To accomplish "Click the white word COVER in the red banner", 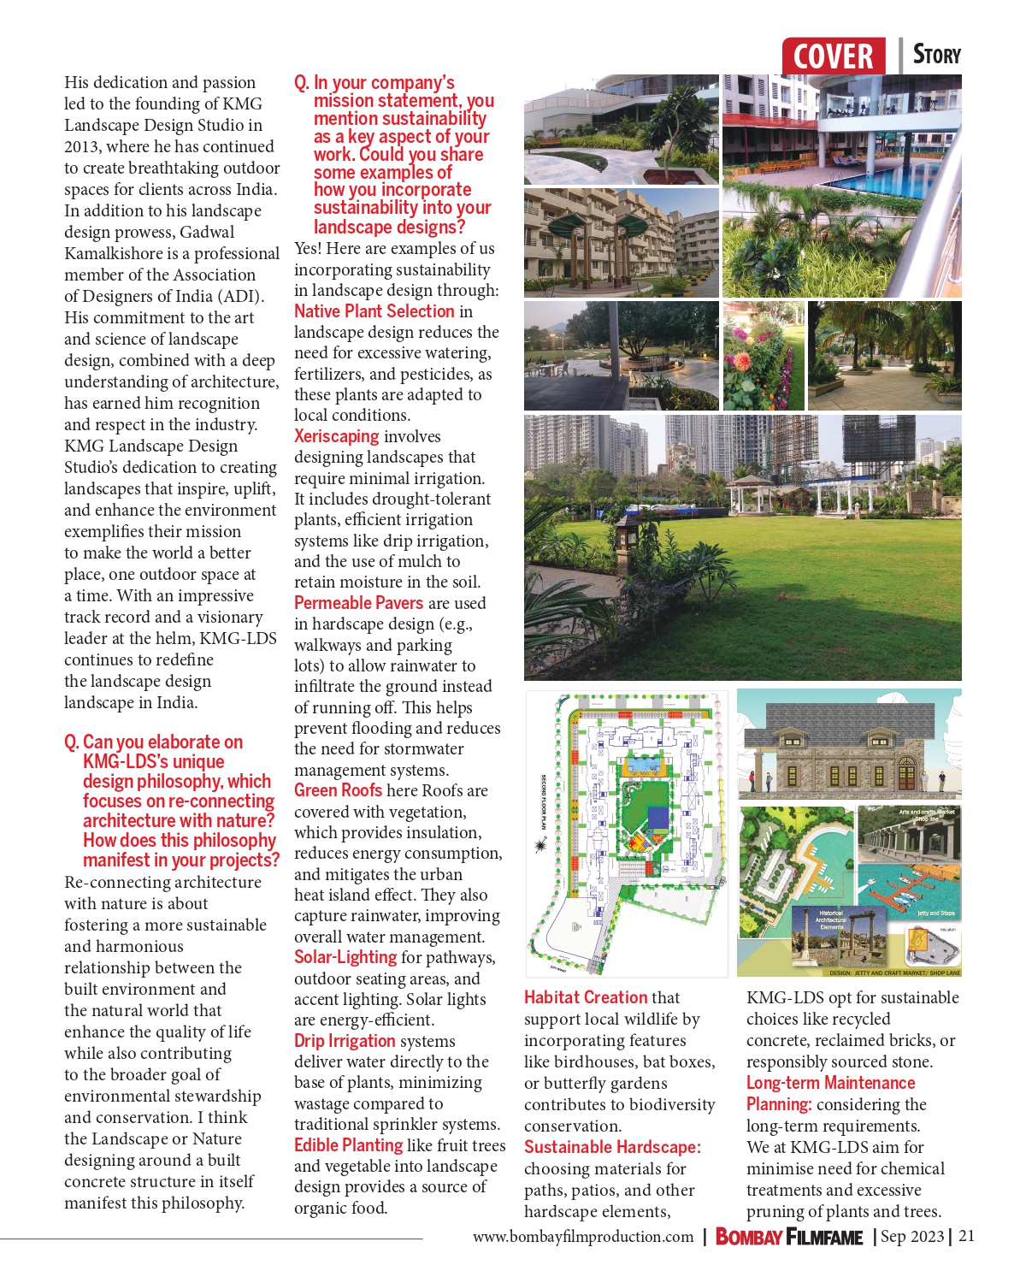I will pyautogui.click(x=833, y=57).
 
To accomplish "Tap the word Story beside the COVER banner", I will pyautogui.click(x=937, y=55).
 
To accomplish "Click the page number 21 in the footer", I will pyautogui.click(x=967, y=1236).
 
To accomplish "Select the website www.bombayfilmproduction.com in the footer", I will pyautogui.click(x=583, y=1237).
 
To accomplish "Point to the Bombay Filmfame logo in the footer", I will pyautogui.click(x=788, y=1237).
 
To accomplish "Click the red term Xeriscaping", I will pyautogui.click(x=336, y=436).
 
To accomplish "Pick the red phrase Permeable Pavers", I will pyautogui.click(x=358, y=603).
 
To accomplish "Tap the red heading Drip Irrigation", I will pyautogui.click(x=345, y=1041).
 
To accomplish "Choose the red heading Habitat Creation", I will pyautogui.click(x=586, y=997).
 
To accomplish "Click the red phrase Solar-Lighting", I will pyautogui.click(x=345, y=957).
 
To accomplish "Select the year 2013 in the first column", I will pyautogui.click(x=82, y=146).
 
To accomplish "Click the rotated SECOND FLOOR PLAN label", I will pyautogui.click(x=543, y=801).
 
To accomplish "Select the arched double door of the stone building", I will pyautogui.click(x=905, y=774).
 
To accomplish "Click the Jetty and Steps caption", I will pyautogui.click(x=935, y=913).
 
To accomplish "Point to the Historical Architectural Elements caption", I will pyautogui.click(x=831, y=919).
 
